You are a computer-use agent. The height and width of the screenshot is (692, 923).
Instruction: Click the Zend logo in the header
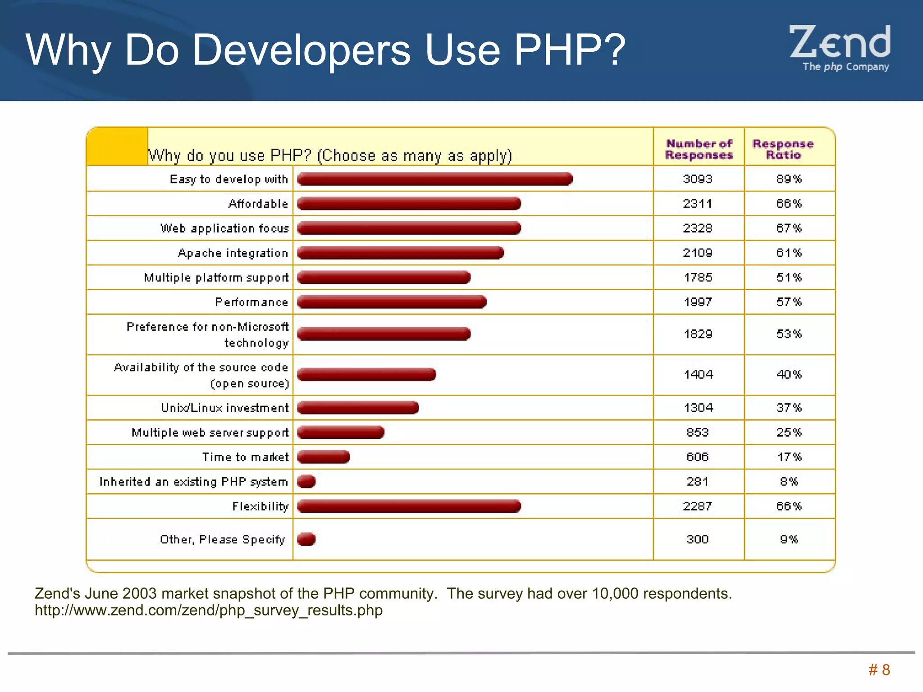(840, 48)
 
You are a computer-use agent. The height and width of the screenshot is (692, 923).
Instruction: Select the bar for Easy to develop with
(434, 179)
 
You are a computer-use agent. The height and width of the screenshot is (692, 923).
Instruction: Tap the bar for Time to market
(323, 457)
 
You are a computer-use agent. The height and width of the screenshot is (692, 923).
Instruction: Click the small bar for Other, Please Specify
(306, 539)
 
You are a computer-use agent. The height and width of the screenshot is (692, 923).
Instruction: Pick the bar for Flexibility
(409, 506)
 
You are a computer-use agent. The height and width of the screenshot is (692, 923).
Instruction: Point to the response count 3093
(697, 179)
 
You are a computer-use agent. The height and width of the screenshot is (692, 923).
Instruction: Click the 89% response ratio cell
(789, 179)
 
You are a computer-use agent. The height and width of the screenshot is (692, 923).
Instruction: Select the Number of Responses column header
(699, 149)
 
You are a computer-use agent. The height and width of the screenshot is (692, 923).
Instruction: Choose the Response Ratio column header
(783, 149)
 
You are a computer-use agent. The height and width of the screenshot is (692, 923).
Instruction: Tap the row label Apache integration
(233, 253)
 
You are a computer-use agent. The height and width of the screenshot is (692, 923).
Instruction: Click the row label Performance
(251, 302)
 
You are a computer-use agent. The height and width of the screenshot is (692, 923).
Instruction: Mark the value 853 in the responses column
(697, 432)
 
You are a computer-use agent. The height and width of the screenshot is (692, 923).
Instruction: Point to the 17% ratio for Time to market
(789, 457)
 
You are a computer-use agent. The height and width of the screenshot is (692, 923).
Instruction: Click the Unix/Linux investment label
(224, 408)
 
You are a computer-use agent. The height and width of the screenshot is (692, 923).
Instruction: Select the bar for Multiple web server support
(340, 432)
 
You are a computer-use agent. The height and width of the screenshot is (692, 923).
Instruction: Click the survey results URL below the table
(209, 610)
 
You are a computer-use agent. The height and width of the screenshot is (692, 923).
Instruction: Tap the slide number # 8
(879, 670)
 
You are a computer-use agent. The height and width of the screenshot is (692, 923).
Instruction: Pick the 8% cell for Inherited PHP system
(789, 482)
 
